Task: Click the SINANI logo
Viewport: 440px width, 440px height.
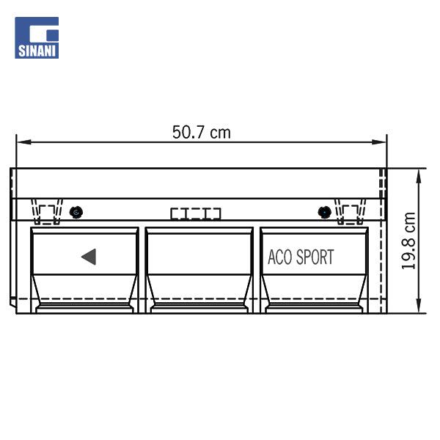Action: pos(37,37)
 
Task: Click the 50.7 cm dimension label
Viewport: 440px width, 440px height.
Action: pos(202,133)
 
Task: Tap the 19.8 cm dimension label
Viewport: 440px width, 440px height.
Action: pos(408,241)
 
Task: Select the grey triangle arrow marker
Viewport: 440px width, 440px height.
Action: pos(89,257)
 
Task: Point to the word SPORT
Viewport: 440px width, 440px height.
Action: pos(315,257)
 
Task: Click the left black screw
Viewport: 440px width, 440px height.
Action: pos(76,212)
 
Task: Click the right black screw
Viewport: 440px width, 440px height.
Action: pos(324,212)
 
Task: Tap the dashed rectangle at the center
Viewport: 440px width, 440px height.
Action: pos(196,214)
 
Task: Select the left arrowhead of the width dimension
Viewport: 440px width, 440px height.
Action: pos(23,142)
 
